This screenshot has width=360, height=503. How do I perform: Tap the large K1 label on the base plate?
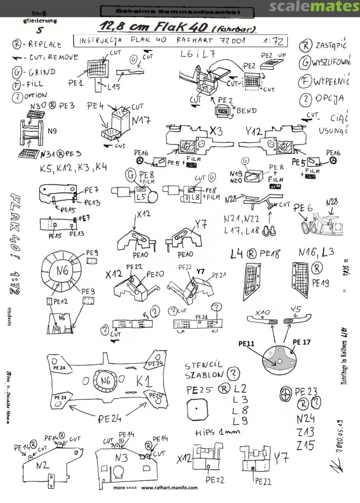(x=144, y=382)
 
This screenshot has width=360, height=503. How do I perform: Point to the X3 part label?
(x=215, y=132)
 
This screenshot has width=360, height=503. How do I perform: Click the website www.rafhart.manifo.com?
(x=170, y=488)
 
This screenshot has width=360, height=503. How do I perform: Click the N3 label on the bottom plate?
(x=121, y=457)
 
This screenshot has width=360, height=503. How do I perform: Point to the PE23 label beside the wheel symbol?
(x=306, y=391)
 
